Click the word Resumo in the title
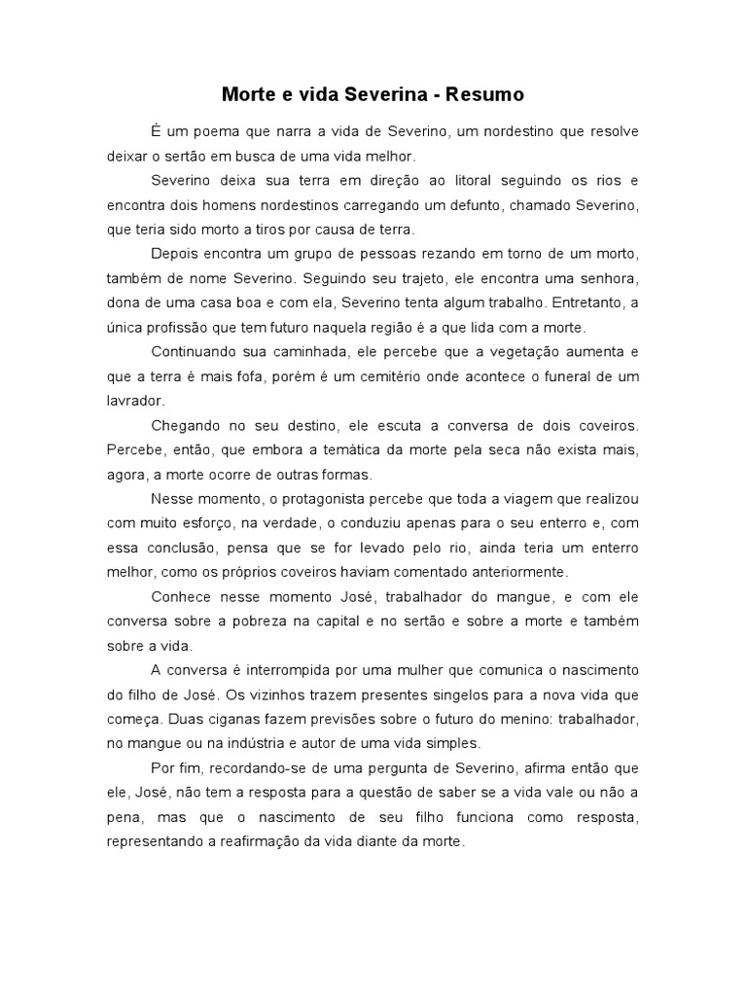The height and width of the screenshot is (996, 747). (x=485, y=95)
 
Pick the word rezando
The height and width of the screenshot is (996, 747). (x=434, y=255)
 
